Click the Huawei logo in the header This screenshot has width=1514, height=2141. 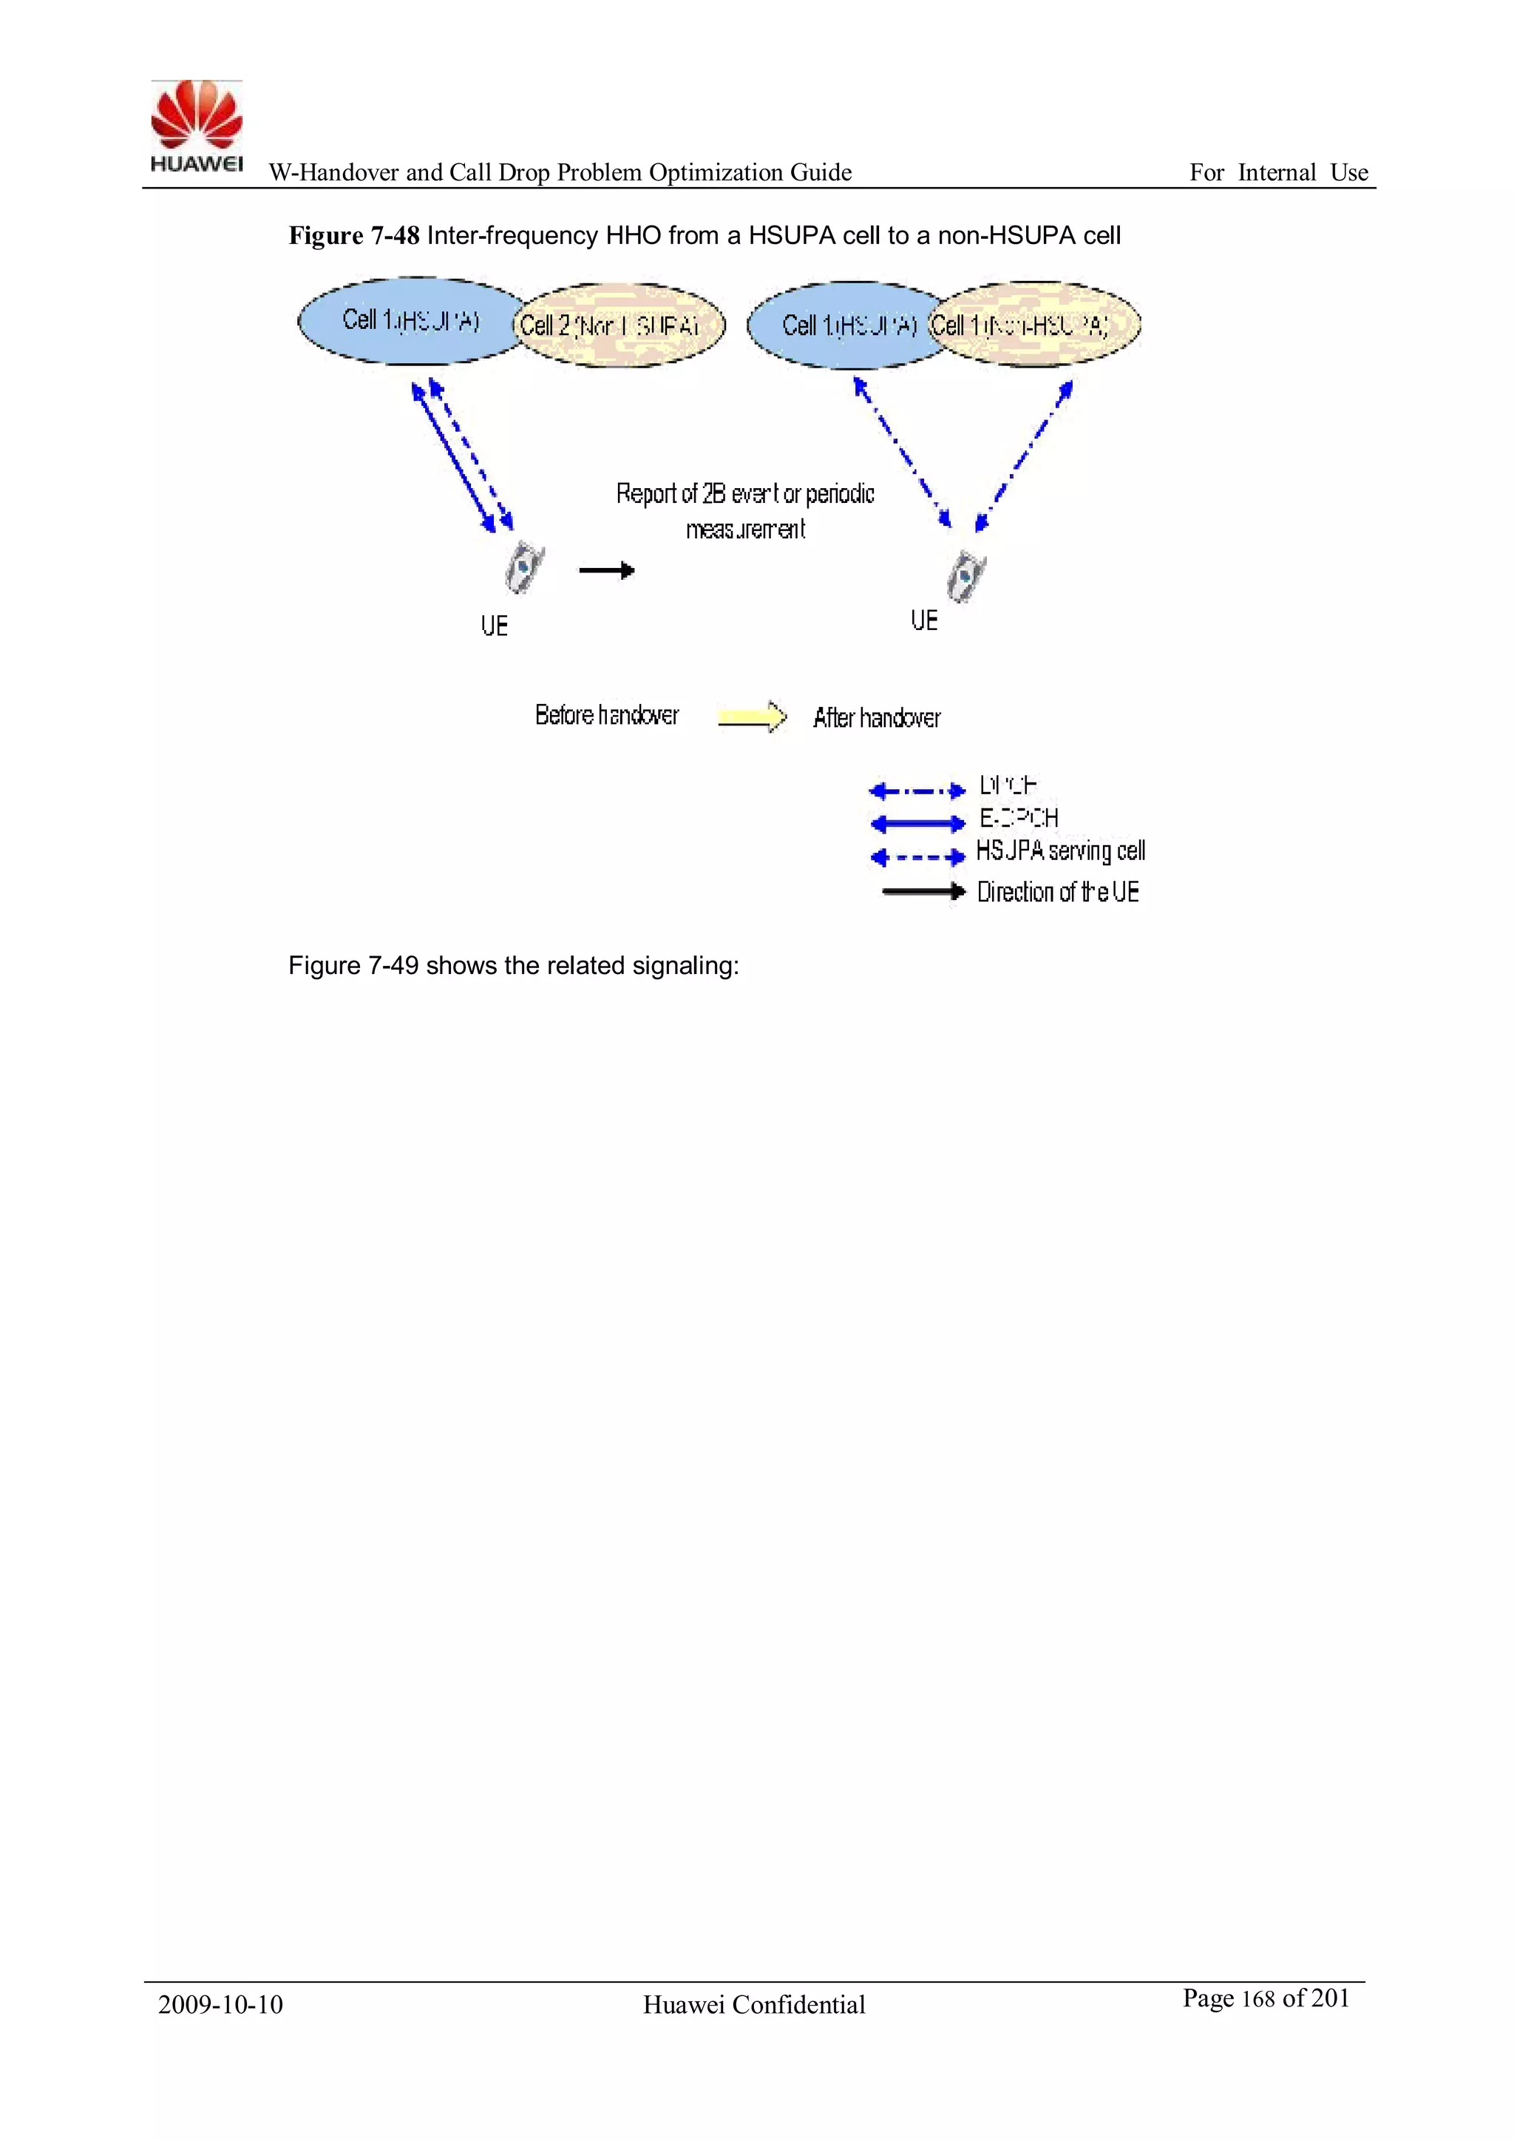tap(197, 126)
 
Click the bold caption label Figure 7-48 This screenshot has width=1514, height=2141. tap(353, 236)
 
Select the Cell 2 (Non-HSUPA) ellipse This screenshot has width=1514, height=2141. tap(619, 325)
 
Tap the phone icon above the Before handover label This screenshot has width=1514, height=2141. tap(525, 568)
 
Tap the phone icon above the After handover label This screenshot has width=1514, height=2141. tap(965, 576)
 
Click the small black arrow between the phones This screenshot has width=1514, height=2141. tap(607, 569)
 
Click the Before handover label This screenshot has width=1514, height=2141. tap(607, 715)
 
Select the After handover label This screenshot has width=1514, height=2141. tap(876, 718)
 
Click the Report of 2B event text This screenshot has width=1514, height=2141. tap(745, 494)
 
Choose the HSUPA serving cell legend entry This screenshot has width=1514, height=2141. tap(1060, 850)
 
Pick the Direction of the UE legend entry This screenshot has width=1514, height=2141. tap(1057, 893)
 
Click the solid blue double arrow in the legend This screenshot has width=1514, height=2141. tap(917, 823)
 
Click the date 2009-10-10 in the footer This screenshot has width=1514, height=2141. tap(220, 2005)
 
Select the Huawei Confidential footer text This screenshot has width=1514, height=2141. tap(754, 2005)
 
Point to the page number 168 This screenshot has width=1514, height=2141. tap(1257, 1999)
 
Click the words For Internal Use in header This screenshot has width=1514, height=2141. tap(1278, 172)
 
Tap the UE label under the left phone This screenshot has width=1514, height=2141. tap(494, 626)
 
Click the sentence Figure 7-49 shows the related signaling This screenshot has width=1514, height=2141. tap(513, 965)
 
